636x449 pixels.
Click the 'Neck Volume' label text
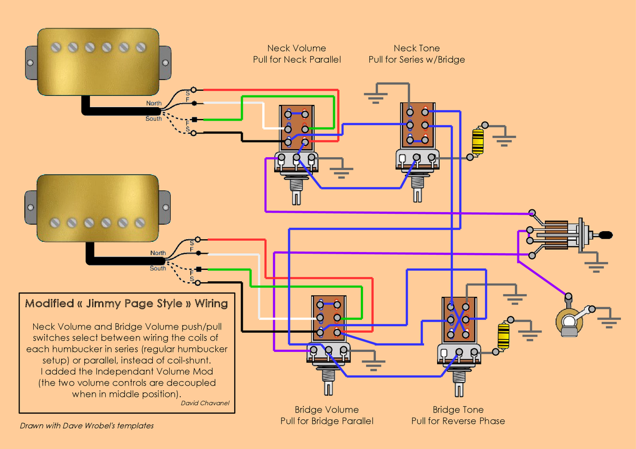pos(296,48)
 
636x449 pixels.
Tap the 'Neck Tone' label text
pos(416,48)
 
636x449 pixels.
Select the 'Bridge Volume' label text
pos(326,410)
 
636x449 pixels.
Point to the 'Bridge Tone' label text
pos(458,410)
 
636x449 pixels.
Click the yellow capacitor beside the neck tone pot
pos(478,141)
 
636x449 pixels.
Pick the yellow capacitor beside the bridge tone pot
pos(503,336)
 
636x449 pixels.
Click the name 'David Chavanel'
pos(205,403)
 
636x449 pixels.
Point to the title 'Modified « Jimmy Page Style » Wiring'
pos(126,304)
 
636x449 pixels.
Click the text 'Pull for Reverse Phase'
pos(458,421)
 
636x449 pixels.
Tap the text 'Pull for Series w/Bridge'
pos(416,59)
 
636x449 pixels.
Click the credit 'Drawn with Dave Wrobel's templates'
pos(87,425)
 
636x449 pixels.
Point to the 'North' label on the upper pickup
pos(153,103)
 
